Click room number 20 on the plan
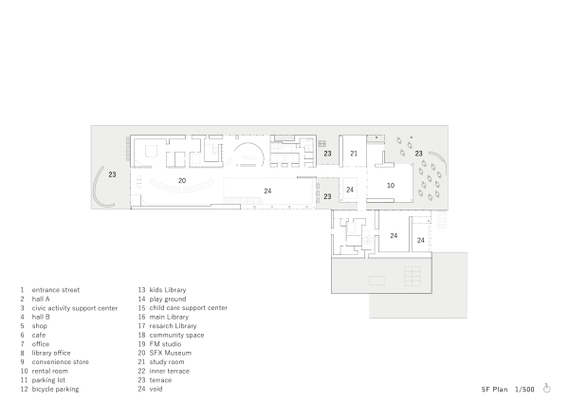[x=181, y=179]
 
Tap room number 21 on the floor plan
[x=354, y=153]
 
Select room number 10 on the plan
[x=391, y=186]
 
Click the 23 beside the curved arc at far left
[x=111, y=174]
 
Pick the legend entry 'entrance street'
[x=56, y=290]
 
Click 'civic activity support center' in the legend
[x=75, y=308]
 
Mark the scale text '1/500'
[x=524, y=389]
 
